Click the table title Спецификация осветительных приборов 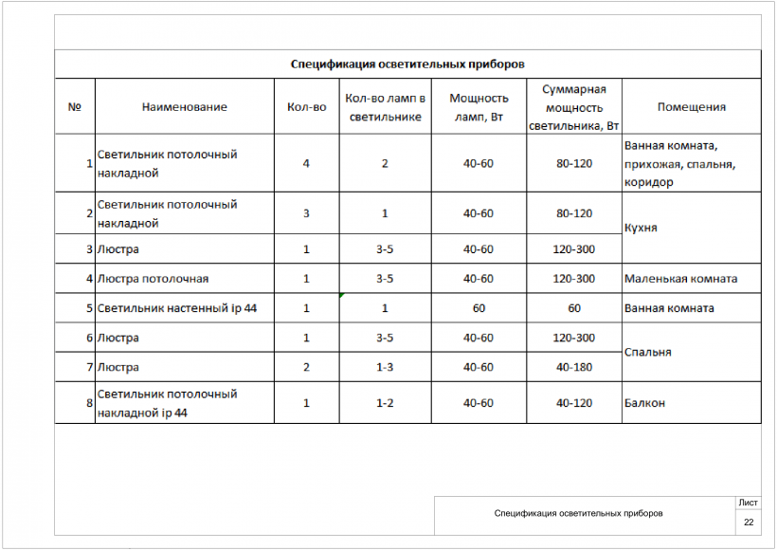(407, 64)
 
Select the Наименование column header (185, 107)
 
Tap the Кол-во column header (306, 107)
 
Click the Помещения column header (692, 107)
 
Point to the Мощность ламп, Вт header (479, 107)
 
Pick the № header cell (75, 107)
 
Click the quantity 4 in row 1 (306, 163)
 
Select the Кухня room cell (641, 229)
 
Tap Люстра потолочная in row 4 (153, 279)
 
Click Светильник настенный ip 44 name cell (177, 308)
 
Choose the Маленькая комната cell (680, 279)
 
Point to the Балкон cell (644, 403)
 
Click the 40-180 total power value (574, 367)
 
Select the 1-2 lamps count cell (385, 403)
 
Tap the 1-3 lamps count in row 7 (385, 367)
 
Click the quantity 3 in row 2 (306, 213)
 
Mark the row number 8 (89, 403)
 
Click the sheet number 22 (748, 522)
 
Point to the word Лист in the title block (748, 503)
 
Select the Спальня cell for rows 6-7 (648, 352)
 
